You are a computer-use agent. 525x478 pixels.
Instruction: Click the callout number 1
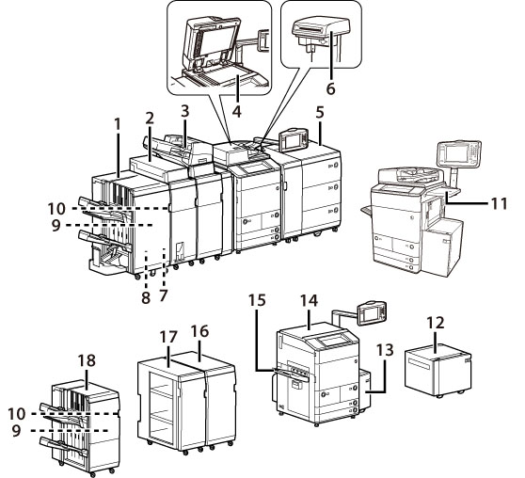[118, 124]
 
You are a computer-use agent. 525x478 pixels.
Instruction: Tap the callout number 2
[150, 119]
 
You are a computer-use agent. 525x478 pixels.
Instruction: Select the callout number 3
[185, 111]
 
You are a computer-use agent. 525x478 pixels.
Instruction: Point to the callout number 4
[237, 111]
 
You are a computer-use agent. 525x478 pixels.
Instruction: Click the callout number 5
[320, 113]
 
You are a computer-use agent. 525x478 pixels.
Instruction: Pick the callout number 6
[330, 88]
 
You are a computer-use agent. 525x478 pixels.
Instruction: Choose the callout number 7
[163, 295]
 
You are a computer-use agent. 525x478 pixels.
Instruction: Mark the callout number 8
[146, 297]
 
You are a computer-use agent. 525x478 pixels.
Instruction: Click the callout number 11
[499, 203]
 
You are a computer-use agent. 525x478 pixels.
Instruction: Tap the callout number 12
[436, 323]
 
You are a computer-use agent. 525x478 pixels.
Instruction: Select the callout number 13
[385, 350]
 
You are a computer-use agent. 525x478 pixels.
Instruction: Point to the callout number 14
[309, 300]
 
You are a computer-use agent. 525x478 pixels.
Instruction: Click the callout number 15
[257, 300]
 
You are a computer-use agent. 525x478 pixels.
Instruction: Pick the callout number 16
[199, 331]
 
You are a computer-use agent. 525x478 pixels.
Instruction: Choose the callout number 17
[168, 337]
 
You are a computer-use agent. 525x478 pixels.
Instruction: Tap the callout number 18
[87, 360]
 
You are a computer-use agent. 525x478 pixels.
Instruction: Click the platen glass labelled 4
[224, 74]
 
